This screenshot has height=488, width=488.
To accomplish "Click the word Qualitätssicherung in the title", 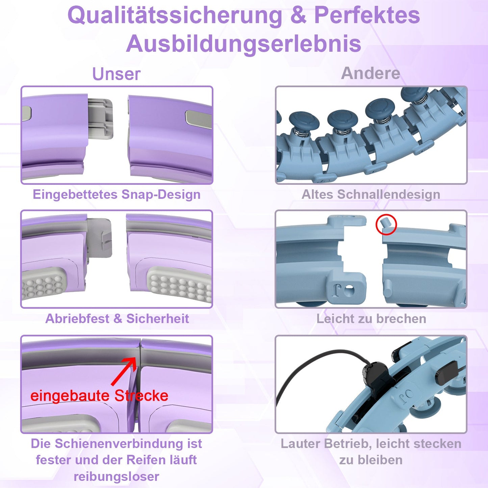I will coord(175,16).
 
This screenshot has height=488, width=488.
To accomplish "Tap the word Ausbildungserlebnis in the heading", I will coord(243,44).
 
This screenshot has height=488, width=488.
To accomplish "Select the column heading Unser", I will coord(116,74).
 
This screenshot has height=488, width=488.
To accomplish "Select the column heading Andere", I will coord(370,73).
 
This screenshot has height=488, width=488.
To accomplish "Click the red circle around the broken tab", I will coord(386,224).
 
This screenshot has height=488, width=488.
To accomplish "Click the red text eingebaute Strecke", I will coord(99,395).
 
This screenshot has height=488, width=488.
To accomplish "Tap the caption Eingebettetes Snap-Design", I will coord(117,195).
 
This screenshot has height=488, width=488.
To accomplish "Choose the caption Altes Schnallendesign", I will coord(371,195).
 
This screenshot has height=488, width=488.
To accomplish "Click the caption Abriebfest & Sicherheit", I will coord(117,318).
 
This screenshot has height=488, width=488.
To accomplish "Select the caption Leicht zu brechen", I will coord(371,318).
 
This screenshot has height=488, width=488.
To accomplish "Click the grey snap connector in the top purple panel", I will coord(100,118).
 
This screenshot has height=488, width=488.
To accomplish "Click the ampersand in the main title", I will coord(298,16).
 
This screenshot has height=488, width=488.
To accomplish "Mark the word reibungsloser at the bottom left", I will coord(116,477).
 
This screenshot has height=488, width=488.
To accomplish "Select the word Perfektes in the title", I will coord(367,16).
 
